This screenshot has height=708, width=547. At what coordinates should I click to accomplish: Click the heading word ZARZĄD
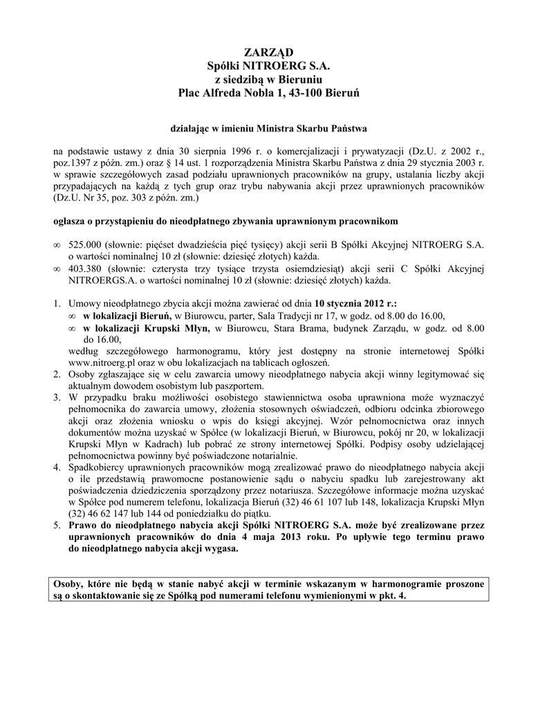click(x=273, y=53)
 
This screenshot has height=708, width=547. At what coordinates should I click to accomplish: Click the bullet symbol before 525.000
click(x=57, y=245)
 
